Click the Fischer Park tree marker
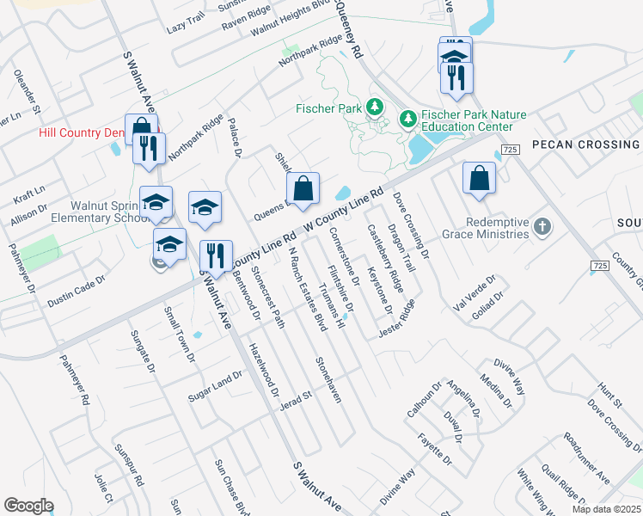[374, 107]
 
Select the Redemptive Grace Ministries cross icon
[542, 226]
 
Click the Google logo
[28, 506]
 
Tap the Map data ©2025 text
[606, 509]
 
